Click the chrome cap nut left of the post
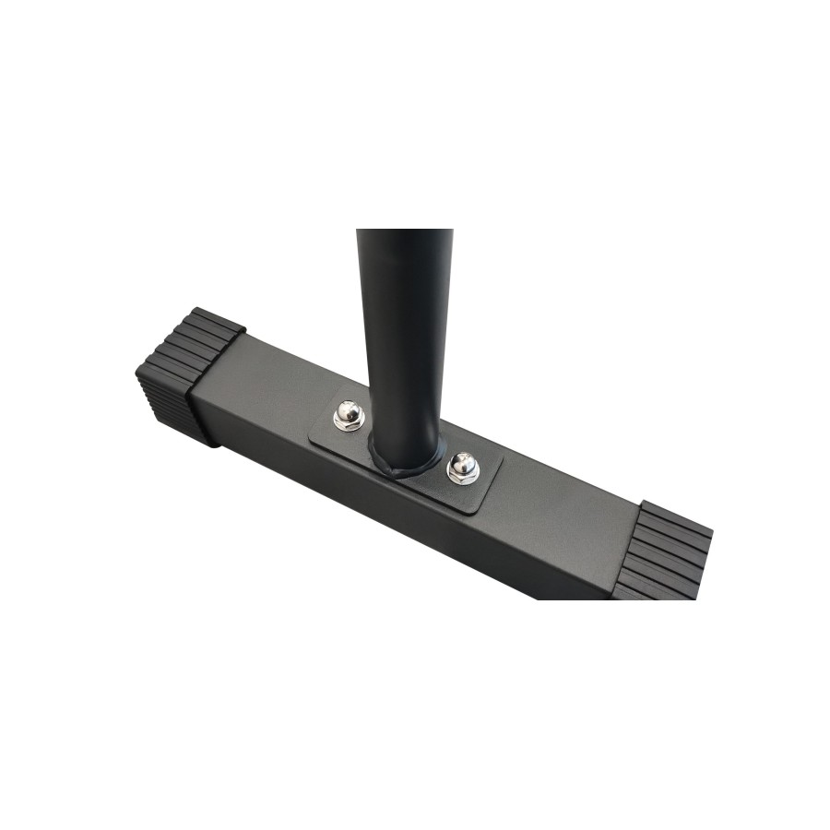coord(349,414)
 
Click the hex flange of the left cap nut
coord(349,425)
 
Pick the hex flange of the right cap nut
coord(463,478)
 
